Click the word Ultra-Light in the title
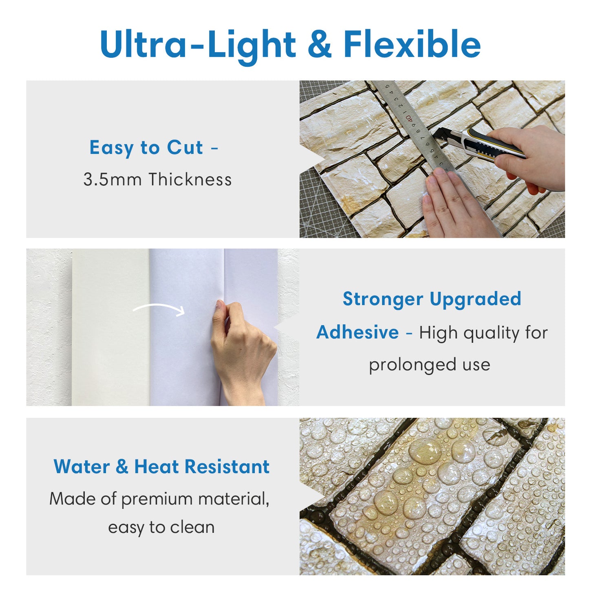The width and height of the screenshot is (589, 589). click(198, 44)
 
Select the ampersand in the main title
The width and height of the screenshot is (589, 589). click(320, 44)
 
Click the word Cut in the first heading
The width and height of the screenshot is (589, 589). click(185, 148)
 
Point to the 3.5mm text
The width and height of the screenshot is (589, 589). click(112, 179)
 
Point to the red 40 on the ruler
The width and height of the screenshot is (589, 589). click(408, 118)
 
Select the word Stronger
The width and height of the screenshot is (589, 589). click(383, 300)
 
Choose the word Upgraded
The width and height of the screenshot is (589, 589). click(475, 300)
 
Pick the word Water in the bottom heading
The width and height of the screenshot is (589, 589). click(82, 467)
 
